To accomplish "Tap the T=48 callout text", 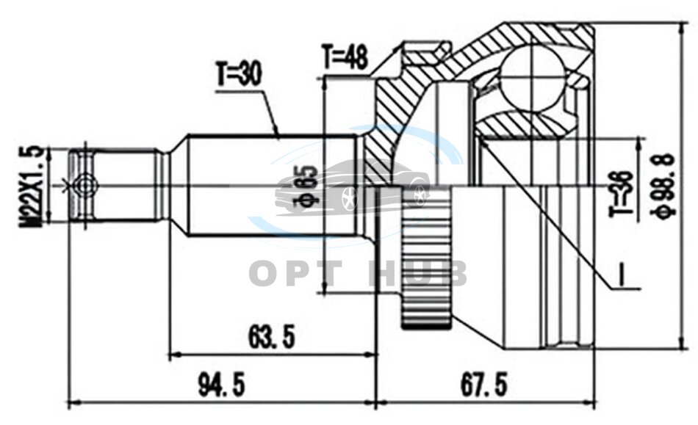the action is pos(345,56).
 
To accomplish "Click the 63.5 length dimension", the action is pos(272,337).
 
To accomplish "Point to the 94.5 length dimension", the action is pos(222,385).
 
